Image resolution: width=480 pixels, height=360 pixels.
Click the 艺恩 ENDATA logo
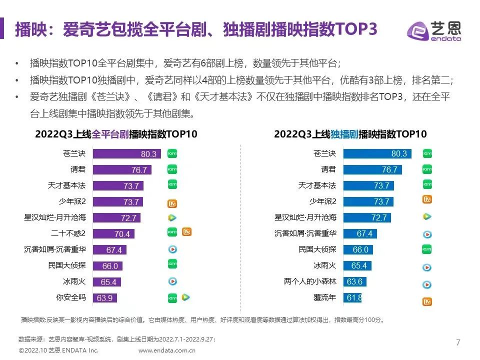(434, 31)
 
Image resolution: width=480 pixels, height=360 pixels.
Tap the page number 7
(458, 342)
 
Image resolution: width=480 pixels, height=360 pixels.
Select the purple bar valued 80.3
(126, 154)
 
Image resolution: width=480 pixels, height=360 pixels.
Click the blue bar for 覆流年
(352, 298)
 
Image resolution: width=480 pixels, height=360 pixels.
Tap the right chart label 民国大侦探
(317, 249)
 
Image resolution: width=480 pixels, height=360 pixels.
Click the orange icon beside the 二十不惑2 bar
(187, 232)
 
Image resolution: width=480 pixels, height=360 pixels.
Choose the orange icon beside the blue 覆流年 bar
(427, 301)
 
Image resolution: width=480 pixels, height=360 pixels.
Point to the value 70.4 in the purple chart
(122, 234)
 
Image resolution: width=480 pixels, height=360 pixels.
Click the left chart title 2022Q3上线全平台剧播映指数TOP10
(116, 134)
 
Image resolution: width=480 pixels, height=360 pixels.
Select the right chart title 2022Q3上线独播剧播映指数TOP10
(350, 134)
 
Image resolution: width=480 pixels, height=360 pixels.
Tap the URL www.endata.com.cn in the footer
(167, 350)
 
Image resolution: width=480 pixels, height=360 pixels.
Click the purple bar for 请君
(121, 170)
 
